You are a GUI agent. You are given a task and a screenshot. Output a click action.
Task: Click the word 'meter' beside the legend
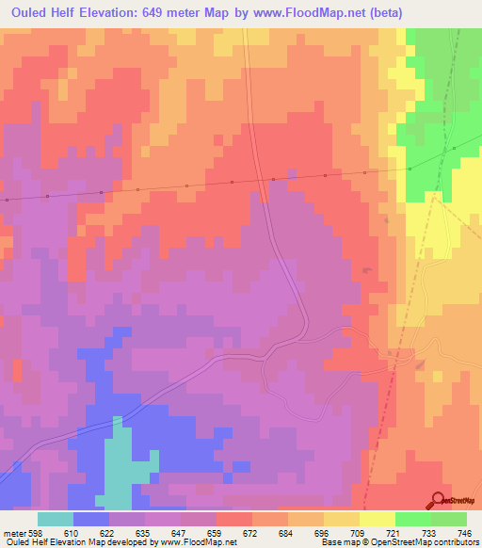point(12,532)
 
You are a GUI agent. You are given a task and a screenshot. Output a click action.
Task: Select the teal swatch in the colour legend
point(56,519)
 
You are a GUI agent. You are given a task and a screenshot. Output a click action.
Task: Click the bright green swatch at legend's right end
point(449,519)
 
